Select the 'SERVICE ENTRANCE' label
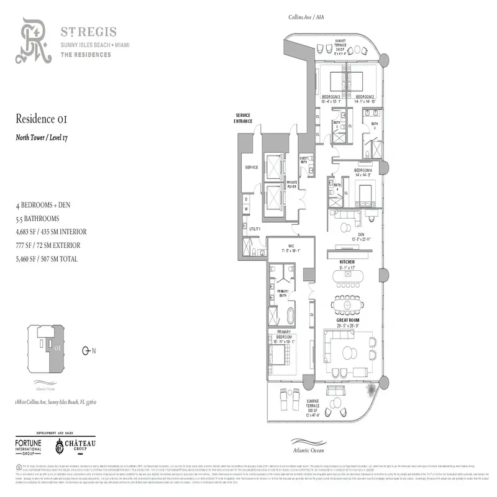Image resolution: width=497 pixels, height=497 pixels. click(243, 119)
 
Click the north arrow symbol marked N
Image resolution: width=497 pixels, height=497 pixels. click(87, 351)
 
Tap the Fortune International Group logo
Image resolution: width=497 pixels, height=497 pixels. click(30, 446)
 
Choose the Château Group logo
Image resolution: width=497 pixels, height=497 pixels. click(78, 445)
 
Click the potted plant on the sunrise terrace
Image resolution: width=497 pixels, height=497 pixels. click(372, 390)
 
